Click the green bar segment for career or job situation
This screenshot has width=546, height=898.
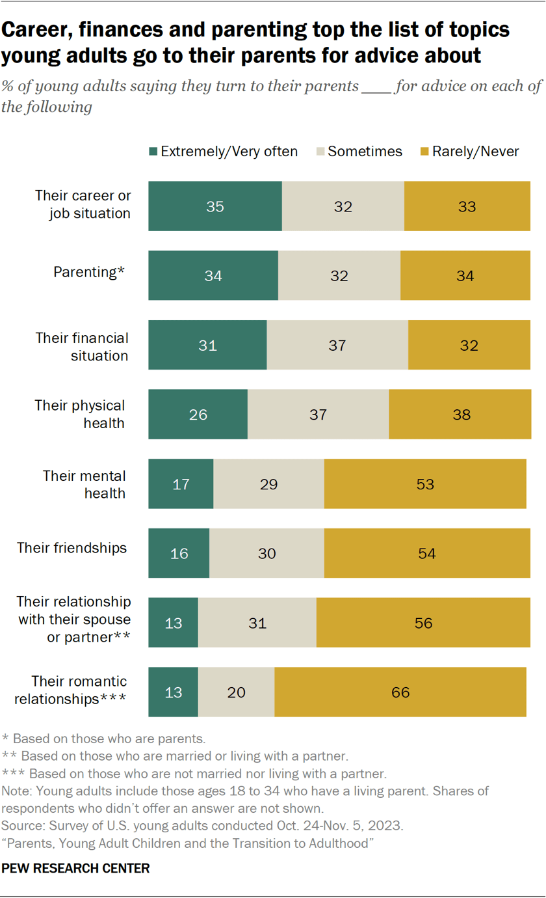click(214, 206)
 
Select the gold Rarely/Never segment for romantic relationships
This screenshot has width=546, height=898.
click(400, 692)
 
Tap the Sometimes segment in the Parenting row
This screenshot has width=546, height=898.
click(339, 276)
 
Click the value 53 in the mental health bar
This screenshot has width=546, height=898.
click(425, 484)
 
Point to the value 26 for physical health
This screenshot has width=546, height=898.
click(198, 415)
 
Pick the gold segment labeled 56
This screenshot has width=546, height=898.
click(422, 623)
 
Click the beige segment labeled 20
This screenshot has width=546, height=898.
click(236, 692)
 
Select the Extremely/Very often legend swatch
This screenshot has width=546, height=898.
click(153, 152)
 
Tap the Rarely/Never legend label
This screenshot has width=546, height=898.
click(476, 152)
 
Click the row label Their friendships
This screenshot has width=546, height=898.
click(72, 547)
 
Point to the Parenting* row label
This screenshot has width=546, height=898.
click(88, 272)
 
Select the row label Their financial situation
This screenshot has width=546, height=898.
click(82, 347)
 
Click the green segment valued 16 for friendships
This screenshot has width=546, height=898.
click(179, 554)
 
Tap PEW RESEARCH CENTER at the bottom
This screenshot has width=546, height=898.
click(76, 868)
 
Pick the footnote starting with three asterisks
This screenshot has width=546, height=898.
click(195, 774)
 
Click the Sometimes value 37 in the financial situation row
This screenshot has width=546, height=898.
click(337, 346)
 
